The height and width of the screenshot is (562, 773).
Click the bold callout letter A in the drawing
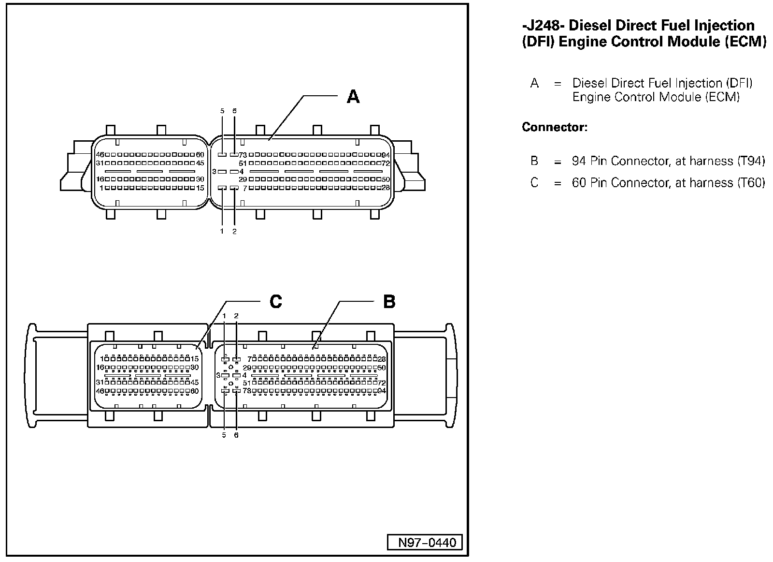click(x=353, y=97)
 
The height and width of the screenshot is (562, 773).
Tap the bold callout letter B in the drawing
click(x=389, y=302)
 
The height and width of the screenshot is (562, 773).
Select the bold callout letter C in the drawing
click(x=275, y=302)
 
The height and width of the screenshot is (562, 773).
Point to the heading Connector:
click(x=555, y=128)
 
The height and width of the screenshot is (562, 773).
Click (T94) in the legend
click(x=751, y=161)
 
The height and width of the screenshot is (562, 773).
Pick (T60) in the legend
click(x=751, y=183)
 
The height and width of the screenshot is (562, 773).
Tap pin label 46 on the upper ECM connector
click(x=100, y=155)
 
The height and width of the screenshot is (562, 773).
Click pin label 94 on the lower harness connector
click(x=382, y=391)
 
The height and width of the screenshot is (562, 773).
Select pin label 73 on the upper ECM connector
click(x=243, y=155)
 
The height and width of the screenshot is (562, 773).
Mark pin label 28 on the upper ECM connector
click(x=386, y=188)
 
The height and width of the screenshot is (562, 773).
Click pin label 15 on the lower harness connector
click(x=195, y=359)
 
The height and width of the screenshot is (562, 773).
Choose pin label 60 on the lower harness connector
click(x=195, y=391)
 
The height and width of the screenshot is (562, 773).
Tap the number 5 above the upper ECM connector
click(x=222, y=111)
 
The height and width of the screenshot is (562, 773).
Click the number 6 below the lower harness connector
click(x=236, y=435)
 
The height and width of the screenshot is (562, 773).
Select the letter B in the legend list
click(x=534, y=161)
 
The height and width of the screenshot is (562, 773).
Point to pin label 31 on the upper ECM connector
click(x=100, y=163)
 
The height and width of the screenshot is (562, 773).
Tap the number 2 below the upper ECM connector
click(x=234, y=231)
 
